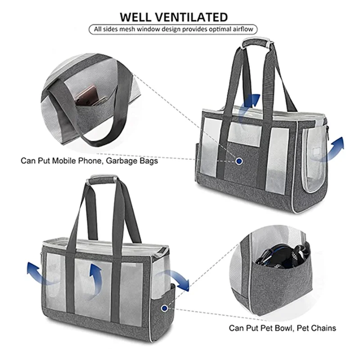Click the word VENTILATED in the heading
[x=194, y=17]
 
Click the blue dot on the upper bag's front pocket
[x=239, y=161]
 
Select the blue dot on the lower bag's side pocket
[x=164, y=308]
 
